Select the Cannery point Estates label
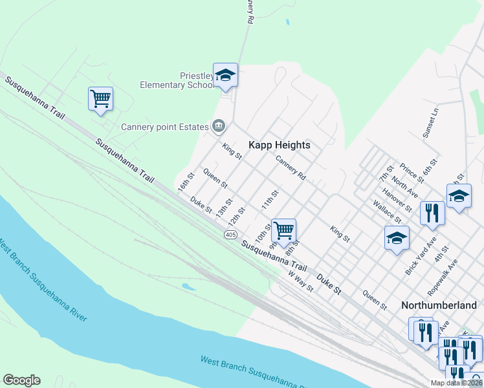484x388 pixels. coord(165,126)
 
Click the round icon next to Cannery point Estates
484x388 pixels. coord(219,125)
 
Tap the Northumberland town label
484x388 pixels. coord(439,304)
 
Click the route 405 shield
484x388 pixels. coord(231,233)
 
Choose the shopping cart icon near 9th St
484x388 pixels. coord(283,230)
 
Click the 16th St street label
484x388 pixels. coord(186,182)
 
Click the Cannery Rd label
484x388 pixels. coord(290,166)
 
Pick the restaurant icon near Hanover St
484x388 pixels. coord(432,213)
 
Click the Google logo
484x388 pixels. coord(21,380)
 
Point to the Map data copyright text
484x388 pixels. coord(456,383)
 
